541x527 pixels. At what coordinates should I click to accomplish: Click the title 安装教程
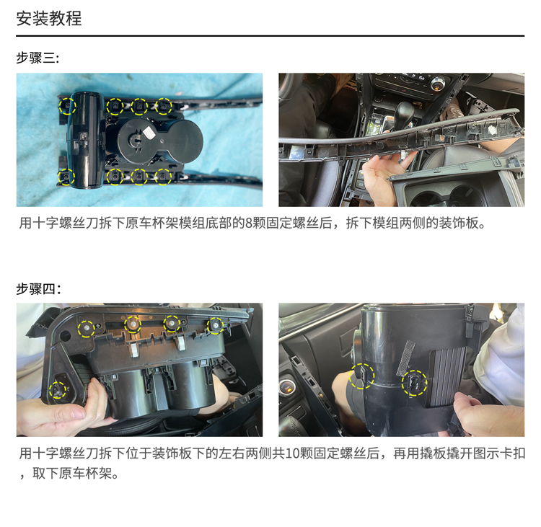point(49,18)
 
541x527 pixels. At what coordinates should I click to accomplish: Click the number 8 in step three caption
point(248,223)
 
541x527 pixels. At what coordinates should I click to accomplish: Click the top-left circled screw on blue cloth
point(67,106)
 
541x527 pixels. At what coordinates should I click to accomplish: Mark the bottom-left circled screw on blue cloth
point(66,177)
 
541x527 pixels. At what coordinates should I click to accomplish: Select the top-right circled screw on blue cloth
point(163,106)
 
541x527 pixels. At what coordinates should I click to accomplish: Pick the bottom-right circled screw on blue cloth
point(163,177)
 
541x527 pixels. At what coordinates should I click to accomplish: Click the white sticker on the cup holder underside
point(149,133)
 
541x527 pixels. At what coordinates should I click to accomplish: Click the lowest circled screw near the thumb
point(58,390)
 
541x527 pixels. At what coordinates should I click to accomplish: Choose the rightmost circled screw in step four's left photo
point(215,325)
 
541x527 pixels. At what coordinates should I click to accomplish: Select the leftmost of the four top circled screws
point(87,328)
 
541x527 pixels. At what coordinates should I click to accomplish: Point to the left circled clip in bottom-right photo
point(361,376)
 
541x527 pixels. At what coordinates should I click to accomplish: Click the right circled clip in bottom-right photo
point(414,383)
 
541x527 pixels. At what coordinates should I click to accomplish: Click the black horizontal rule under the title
point(270,35)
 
